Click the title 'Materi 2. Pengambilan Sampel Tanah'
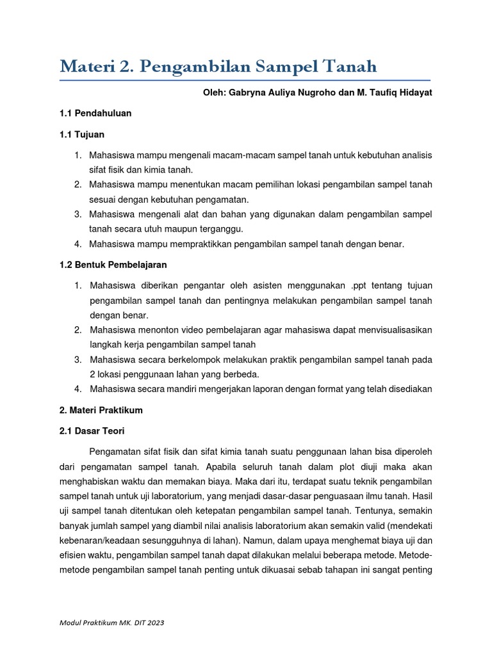[218, 66]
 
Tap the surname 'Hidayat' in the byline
[414, 93]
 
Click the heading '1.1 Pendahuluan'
[95, 113]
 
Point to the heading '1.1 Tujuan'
[81, 135]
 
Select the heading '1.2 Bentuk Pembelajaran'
[113, 264]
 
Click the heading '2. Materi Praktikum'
[101, 409]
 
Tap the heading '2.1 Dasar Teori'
[92, 431]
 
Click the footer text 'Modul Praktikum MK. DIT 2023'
[115, 622]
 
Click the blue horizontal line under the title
[245, 81]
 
